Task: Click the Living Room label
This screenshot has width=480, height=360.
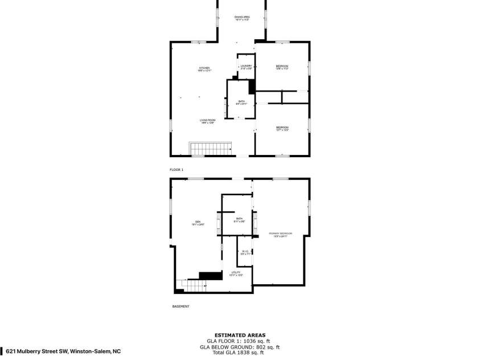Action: click(207, 121)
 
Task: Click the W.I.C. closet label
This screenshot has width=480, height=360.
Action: click(244, 252)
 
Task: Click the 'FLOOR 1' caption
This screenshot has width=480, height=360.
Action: click(177, 170)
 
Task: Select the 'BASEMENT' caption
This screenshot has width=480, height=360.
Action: click(180, 306)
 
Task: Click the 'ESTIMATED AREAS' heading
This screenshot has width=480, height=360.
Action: click(239, 335)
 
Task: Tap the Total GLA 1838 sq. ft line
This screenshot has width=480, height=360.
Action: click(239, 353)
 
